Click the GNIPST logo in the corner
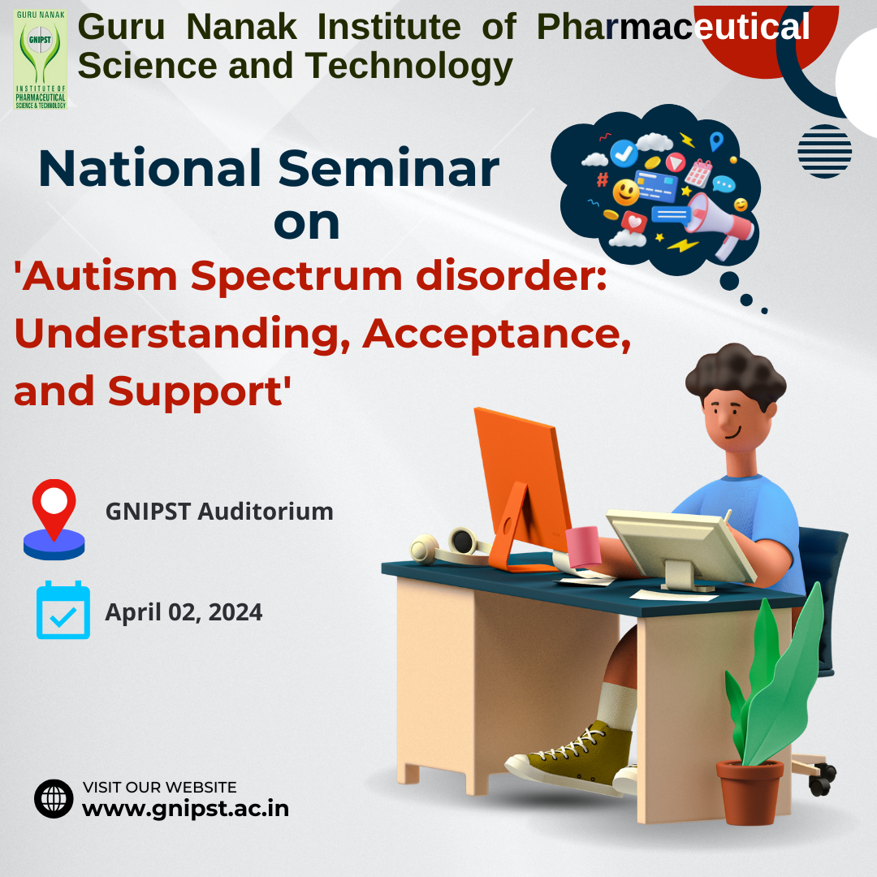[40, 60]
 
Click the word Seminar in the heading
[388, 169]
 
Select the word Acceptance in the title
[496, 332]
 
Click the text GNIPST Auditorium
[219, 512]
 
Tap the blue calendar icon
[63, 611]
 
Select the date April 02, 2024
[184, 611]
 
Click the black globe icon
[54, 798]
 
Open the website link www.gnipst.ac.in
[185, 809]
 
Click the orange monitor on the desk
[520, 479]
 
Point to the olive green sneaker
[572, 750]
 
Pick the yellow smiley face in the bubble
[625, 193]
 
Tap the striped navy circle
[824, 151]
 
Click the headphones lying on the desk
[450, 545]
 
